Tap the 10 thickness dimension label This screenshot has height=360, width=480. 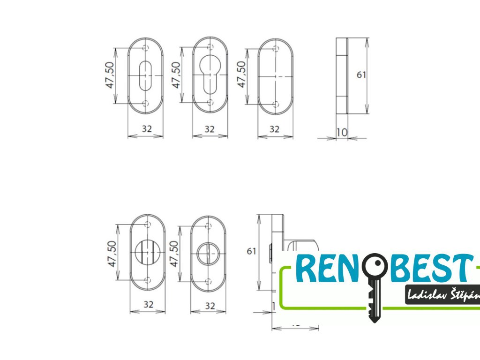pyautogui.click(x=342, y=132)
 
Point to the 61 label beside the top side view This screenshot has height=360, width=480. pyautogui.click(x=361, y=75)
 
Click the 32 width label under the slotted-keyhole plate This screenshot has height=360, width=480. pyautogui.click(x=146, y=129)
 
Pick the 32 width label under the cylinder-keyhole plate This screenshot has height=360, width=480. pyautogui.click(x=210, y=129)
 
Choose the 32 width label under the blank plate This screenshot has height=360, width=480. pyautogui.click(x=275, y=129)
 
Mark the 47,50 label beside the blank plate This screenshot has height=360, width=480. pyautogui.click(x=242, y=74)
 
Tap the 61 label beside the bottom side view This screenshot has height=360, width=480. pyautogui.click(x=252, y=251)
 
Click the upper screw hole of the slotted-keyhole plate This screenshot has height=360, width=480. pyautogui.click(x=145, y=47)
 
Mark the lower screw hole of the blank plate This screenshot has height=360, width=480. pyautogui.click(x=276, y=104)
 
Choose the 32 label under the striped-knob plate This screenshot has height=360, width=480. pyautogui.click(x=149, y=305)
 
